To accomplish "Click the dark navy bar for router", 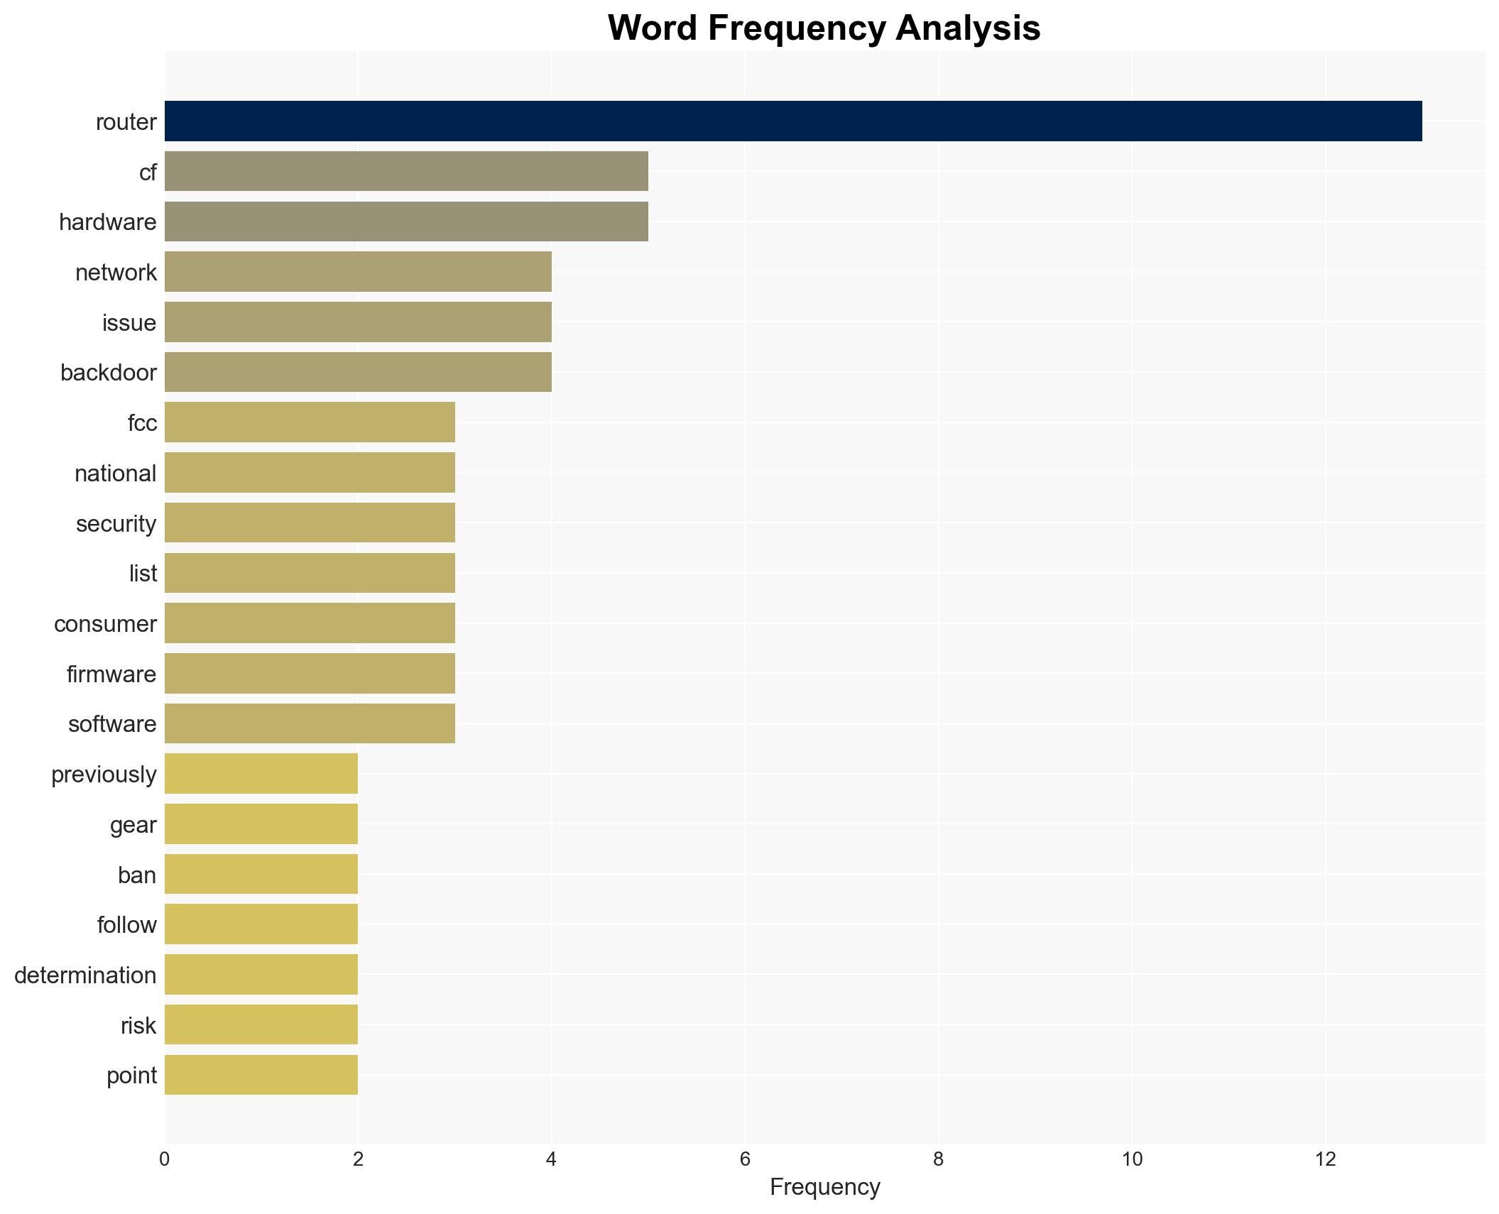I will click(x=792, y=121).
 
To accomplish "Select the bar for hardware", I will click(x=406, y=222).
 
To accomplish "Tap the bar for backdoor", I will click(x=358, y=372).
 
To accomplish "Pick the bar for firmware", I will click(x=310, y=674).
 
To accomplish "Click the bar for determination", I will click(x=261, y=975).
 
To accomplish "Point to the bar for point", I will click(x=261, y=1075).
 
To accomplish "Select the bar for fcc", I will click(x=310, y=422).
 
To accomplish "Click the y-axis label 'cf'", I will click(x=148, y=173).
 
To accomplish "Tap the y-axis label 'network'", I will click(x=116, y=273).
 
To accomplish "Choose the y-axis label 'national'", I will click(x=115, y=474).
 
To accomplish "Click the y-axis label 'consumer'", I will click(x=105, y=624).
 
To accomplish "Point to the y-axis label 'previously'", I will click(x=104, y=775).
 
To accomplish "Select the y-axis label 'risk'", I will click(x=138, y=1026).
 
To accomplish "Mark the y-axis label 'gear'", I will click(x=133, y=825).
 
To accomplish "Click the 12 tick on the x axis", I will click(x=1325, y=1159).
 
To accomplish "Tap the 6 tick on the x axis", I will click(x=745, y=1159).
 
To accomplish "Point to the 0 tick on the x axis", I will click(x=165, y=1159).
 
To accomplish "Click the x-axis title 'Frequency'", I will click(x=824, y=1187).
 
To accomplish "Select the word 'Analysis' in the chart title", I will click(x=968, y=28).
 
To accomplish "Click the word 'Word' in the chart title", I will click(x=652, y=28).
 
